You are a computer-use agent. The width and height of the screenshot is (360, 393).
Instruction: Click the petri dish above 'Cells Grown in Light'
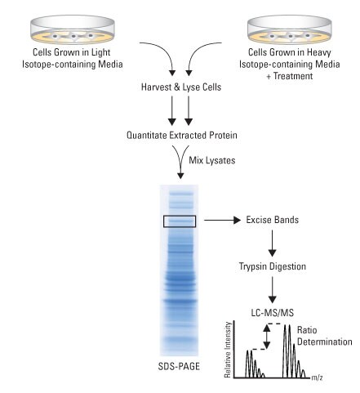72,29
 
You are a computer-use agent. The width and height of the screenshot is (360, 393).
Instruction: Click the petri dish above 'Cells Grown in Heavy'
290,29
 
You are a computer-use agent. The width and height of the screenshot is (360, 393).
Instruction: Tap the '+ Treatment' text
290,76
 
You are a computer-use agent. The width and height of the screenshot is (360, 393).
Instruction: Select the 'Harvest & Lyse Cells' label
181,87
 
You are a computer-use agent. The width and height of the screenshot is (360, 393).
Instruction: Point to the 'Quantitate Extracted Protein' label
182,135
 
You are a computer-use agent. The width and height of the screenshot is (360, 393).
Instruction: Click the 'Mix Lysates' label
212,160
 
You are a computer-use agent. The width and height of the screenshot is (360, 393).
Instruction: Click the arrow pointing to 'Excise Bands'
222,220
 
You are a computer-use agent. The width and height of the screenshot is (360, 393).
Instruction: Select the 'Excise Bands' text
272,220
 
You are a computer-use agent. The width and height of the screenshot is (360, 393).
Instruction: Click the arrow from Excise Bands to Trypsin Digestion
272,243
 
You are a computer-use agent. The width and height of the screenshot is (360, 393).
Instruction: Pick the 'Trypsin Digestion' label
273,266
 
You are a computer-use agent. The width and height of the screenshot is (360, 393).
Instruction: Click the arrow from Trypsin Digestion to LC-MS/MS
272,290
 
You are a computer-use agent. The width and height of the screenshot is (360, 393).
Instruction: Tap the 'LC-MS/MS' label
273,313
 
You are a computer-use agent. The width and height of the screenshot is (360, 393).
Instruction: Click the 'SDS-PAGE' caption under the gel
179,366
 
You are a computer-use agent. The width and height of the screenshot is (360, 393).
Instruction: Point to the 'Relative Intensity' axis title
228,350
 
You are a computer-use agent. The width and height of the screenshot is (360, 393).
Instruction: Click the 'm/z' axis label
317,377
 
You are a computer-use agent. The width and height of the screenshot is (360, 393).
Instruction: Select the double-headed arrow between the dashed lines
267,337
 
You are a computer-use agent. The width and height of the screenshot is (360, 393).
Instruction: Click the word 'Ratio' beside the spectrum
307,330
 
